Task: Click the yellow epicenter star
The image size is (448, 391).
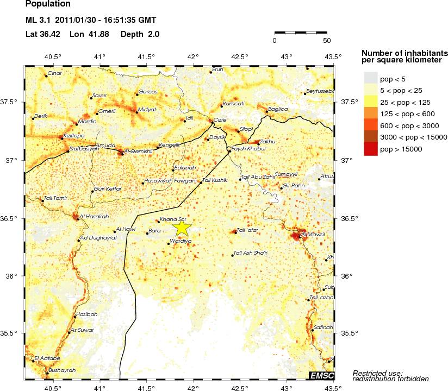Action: point(182,228)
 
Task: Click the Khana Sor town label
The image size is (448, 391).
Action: point(170,220)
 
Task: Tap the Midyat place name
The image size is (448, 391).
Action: point(147,109)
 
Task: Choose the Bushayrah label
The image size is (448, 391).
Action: point(61,370)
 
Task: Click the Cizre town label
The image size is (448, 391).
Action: point(220,119)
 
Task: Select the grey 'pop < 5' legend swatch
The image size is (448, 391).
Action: point(370,78)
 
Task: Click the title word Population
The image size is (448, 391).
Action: point(48,4)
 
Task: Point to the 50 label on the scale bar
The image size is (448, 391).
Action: point(326,40)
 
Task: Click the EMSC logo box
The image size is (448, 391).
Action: point(321,375)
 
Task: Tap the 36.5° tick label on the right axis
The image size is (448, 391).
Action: point(350,218)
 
